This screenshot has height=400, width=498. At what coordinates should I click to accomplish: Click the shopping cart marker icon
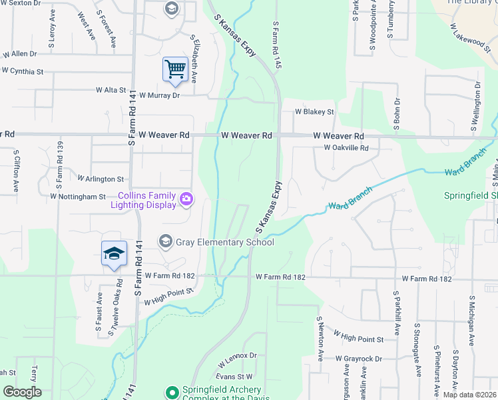click(x=174, y=69)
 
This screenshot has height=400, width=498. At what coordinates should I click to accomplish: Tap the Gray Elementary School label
click(x=225, y=242)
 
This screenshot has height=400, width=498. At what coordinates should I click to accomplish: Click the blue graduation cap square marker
click(x=114, y=253)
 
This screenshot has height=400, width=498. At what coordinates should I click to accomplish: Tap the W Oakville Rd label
click(x=346, y=148)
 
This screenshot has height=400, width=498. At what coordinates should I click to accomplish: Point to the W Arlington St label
click(x=101, y=179)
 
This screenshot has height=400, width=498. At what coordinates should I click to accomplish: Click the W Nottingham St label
click(x=78, y=197)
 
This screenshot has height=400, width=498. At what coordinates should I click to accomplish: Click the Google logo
click(x=22, y=392)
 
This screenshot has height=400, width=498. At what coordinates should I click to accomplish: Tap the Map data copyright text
click(x=469, y=395)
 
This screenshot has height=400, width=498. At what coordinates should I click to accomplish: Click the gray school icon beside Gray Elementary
click(x=166, y=241)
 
